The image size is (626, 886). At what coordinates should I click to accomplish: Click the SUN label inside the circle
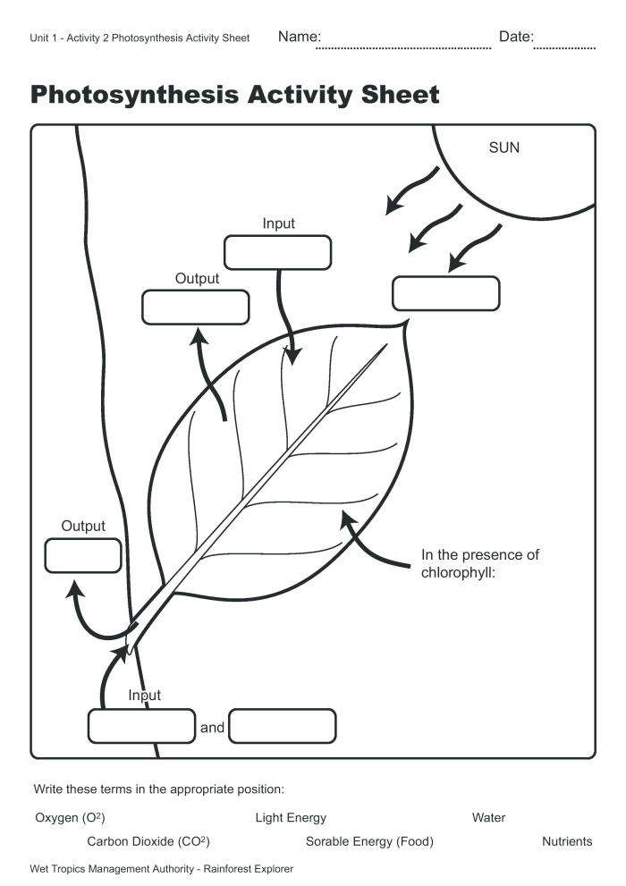(503, 148)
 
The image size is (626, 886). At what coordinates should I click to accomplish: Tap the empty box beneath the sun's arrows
(445, 293)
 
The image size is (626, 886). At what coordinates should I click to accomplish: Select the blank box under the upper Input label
(277, 252)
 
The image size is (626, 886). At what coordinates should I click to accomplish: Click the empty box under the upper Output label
(195, 308)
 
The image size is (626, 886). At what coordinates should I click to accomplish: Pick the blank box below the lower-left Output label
(82, 555)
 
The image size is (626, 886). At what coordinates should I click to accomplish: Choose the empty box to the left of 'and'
(141, 726)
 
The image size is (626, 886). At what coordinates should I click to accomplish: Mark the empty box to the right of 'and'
(283, 726)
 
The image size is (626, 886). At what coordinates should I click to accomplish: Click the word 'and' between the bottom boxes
(212, 728)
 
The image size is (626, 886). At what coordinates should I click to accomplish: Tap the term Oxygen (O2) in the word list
(71, 817)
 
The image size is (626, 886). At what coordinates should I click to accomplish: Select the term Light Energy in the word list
(291, 817)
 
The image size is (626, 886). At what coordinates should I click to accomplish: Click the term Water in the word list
(488, 817)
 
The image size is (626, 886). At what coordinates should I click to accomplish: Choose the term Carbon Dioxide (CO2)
(148, 841)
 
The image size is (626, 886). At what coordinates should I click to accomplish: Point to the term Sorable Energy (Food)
(369, 841)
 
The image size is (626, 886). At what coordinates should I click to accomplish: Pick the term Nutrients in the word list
(567, 841)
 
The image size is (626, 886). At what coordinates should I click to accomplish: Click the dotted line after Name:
(404, 45)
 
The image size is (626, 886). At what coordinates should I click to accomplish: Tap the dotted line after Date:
(564, 45)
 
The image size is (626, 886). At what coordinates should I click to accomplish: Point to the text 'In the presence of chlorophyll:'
(479, 563)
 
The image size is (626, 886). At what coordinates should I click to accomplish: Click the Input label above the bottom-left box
(144, 696)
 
